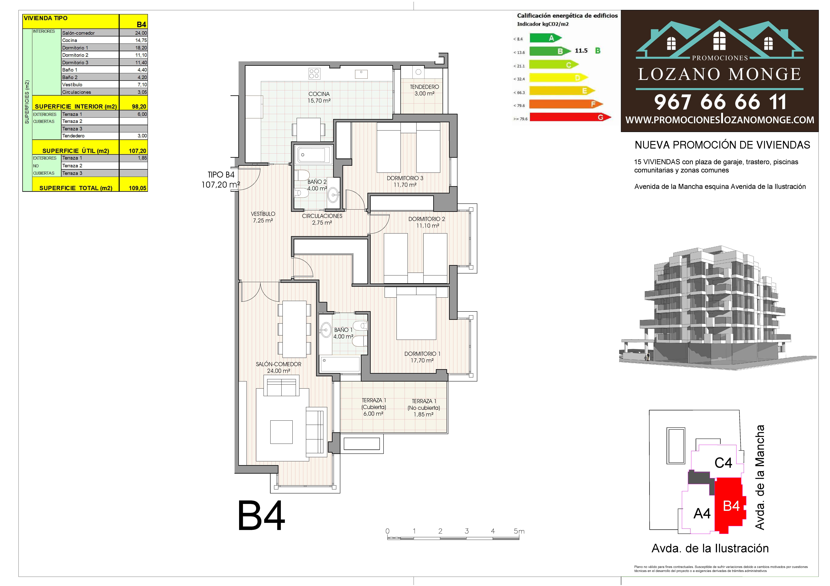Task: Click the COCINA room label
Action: [319, 94]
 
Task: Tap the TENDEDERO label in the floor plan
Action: [424, 87]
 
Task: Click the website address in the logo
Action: [720, 120]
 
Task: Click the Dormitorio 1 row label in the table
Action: [75, 48]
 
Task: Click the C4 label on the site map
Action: [723, 463]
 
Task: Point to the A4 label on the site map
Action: [702, 513]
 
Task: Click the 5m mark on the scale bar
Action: [519, 531]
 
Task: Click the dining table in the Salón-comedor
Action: [294, 329]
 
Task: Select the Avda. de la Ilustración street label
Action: [710, 548]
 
